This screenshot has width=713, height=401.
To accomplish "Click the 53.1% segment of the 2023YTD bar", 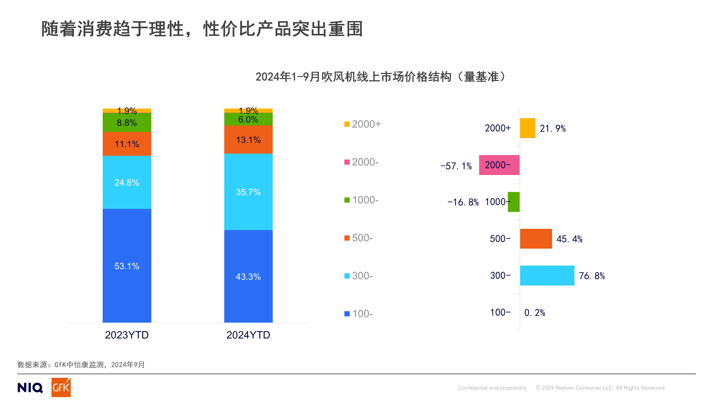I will [127, 266].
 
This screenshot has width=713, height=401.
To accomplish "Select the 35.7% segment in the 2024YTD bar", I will [248, 192].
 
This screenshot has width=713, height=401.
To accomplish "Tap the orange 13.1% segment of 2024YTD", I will [248, 140].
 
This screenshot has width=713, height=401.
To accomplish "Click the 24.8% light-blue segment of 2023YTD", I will [127, 182].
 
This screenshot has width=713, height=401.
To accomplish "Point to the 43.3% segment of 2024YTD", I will [248, 276].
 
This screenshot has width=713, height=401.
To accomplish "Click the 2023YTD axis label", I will [127, 335].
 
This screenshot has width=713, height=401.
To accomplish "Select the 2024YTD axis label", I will [248, 335].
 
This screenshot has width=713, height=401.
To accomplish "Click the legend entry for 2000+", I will [363, 124].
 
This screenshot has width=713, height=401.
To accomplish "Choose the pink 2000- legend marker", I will [347, 162].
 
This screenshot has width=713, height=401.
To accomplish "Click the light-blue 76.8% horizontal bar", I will [547, 275].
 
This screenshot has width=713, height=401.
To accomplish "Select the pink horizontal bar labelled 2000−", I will [499, 165].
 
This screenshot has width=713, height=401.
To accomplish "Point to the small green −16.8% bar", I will [514, 202].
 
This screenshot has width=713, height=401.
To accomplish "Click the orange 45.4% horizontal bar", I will [536, 239].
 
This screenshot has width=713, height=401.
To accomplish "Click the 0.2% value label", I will [534, 313].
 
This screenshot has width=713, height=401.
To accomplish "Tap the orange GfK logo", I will [61, 387].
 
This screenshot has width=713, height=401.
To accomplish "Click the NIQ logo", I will [30, 387].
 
